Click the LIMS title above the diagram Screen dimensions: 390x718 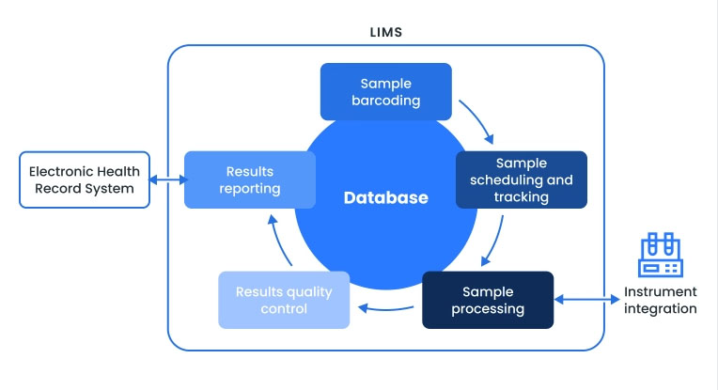click(x=385, y=32)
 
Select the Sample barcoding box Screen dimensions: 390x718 click(x=385, y=92)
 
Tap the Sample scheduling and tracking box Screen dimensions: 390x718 click(x=521, y=179)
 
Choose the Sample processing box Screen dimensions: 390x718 click(x=487, y=300)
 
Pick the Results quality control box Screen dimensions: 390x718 click(x=284, y=300)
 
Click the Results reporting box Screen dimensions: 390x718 click(x=249, y=179)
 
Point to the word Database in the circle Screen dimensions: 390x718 click(x=385, y=198)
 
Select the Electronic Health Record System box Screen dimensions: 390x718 click(x=84, y=179)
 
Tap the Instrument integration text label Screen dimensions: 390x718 click(x=661, y=301)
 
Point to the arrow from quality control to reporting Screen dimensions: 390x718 click(x=279, y=242)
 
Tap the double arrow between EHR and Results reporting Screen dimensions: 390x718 click(x=167, y=179)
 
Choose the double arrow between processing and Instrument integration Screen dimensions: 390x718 click(x=585, y=300)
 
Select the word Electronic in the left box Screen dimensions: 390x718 click(x=62, y=171)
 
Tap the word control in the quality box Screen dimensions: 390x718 click(x=284, y=308)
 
